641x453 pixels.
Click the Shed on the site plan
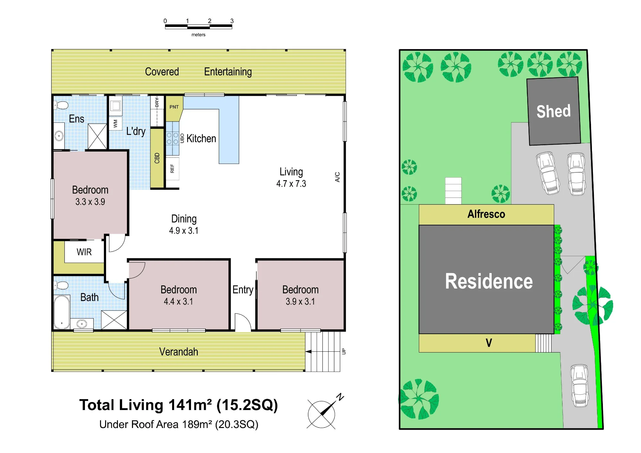click(x=554, y=111)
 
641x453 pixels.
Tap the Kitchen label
click(x=201, y=138)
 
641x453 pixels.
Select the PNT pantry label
click(x=174, y=107)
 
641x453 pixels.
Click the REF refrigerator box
click(x=172, y=169)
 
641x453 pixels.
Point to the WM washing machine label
click(x=115, y=124)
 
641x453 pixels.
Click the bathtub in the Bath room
click(x=62, y=312)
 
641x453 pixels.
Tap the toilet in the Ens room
click(x=62, y=105)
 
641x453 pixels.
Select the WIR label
click(x=84, y=252)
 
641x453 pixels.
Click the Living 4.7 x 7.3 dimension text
click(x=291, y=184)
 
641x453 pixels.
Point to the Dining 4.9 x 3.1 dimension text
click(x=184, y=231)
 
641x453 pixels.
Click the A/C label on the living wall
click(x=337, y=177)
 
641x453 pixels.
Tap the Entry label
click(x=243, y=289)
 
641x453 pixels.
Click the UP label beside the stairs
click(x=344, y=351)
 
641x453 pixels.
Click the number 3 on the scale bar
click(x=232, y=21)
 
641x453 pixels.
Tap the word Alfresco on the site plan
click(x=486, y=214)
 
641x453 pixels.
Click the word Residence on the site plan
click(x=489, y=281)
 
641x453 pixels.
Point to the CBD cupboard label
click(x=157, y=158)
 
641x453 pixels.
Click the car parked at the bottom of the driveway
click(x=579, y=386)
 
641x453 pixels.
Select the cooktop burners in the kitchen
click(x=172, y=138)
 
